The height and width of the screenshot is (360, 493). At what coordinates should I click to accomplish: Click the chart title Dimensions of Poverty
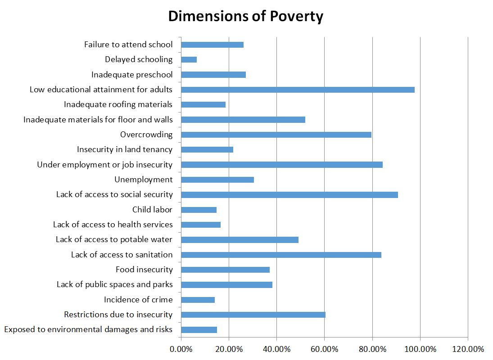(246, 17)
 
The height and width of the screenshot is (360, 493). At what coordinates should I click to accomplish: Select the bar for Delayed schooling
(189, 59)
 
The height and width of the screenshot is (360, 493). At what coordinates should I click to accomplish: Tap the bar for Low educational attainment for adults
(298, 90)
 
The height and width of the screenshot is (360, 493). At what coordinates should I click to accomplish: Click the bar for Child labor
(199, 210)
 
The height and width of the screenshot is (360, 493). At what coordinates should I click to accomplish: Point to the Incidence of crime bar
(198, 300)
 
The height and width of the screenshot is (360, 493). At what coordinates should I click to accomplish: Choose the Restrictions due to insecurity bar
(253, 315)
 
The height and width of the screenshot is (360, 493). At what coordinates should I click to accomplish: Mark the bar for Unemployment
(217, 180)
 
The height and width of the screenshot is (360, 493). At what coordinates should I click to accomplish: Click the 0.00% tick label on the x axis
(181, 349)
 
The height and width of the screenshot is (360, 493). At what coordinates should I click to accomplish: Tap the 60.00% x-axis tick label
(324, 349)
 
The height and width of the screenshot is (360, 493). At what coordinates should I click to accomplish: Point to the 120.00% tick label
(468, 349)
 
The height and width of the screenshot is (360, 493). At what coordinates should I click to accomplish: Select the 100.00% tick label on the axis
(420, 349)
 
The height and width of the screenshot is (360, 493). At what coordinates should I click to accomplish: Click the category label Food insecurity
(144, 270)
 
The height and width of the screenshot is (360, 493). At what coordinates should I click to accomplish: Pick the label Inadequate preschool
(131, 75)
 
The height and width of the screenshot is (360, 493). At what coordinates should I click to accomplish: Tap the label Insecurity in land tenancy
(124, 149)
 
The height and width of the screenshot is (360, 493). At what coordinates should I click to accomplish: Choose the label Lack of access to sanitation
(122, 255)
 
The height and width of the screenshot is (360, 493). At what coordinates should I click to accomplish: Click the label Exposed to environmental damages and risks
(88, 329)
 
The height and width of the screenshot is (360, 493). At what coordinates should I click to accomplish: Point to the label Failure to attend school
(128, 45)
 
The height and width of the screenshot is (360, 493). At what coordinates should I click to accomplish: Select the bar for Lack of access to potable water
(240, 240)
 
